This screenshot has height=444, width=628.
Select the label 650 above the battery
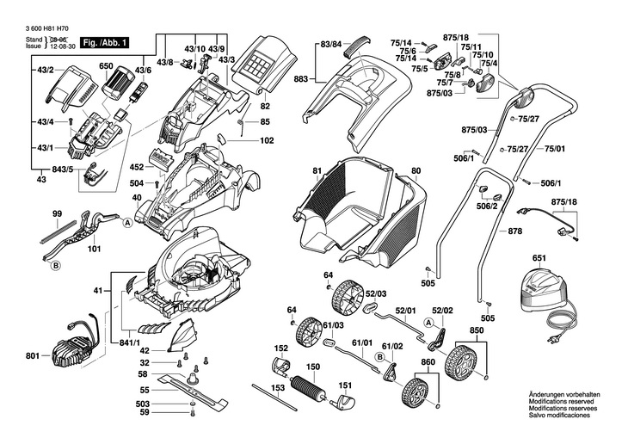pos(106,65)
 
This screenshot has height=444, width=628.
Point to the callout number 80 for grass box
pos(416,171)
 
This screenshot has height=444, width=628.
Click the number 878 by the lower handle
pos(515,232)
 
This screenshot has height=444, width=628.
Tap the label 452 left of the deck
pos(136,167)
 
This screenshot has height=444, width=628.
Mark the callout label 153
pos(278,389)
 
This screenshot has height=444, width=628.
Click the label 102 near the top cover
pos(267,140)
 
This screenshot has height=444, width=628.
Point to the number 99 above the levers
pos(57,213)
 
